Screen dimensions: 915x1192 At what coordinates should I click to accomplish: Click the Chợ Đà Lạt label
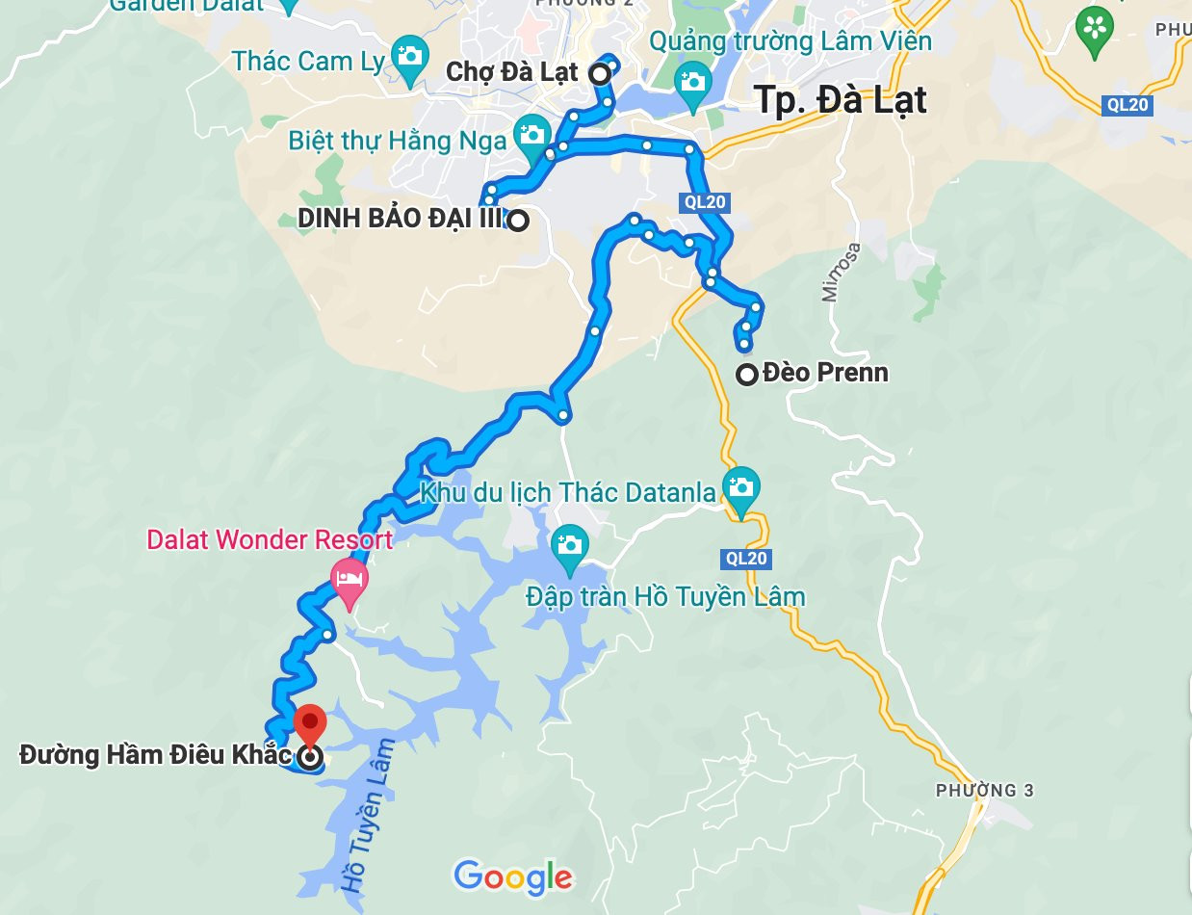(511, 72)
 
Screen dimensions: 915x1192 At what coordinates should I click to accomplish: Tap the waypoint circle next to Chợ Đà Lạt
(599, 73)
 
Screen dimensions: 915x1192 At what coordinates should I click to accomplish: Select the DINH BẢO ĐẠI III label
(400, 220)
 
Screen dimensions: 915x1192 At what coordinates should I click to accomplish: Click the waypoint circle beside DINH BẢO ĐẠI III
(518, 221)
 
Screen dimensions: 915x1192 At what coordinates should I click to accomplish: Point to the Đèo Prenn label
(825, 372)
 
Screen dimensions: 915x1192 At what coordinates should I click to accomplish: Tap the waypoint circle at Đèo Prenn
(747, 375)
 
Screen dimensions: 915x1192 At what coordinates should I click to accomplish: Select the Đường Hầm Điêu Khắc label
(154, 755)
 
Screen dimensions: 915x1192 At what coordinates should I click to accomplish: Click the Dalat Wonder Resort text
(270, 539)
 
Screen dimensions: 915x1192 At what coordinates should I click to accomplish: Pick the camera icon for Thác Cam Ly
(409, 54)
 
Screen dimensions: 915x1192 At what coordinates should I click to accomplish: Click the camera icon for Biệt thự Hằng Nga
(531, 133)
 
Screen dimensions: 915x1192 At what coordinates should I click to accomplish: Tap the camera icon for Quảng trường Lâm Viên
(692, 81)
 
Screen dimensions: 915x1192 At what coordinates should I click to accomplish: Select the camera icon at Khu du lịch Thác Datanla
(740, 484)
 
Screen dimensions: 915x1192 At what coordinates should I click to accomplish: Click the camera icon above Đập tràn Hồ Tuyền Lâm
(569, 544)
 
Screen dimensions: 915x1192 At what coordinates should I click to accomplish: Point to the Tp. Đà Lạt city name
(841, 100)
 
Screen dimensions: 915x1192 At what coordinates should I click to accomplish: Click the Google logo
(513, 876)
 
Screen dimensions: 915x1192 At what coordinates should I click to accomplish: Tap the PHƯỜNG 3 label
(984, 791)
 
